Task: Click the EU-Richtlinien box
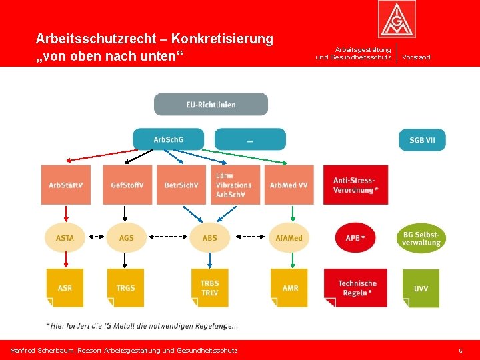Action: (211, 105)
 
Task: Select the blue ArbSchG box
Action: (169, 139)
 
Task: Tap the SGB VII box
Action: (422, 140)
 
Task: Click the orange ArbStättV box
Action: (66, 185)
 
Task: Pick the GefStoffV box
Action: (127, 185)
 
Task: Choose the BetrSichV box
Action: (181, 185)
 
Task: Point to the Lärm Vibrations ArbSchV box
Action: (235, 185)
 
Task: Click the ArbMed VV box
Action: (289, 185)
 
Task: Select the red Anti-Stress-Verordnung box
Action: (355, 185)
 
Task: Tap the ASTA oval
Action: (65, 238)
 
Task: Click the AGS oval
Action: (126, 238)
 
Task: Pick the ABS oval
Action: (209, 238)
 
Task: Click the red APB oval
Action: (355, 238)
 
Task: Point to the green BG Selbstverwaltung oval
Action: (421, 238)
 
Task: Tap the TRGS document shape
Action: (125, 288)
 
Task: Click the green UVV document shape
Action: (421, 288)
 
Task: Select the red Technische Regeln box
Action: (355, 288)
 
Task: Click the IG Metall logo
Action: (397, 19)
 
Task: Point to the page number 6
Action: (460, 350)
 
